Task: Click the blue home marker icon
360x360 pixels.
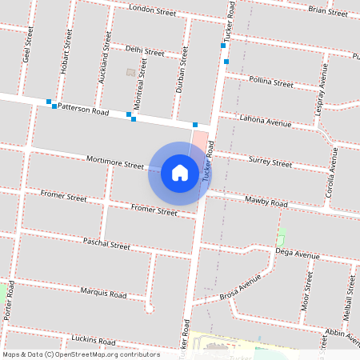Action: click(180, 173)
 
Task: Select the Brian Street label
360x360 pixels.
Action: click(326, 10)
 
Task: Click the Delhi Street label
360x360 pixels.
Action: click(145, 50)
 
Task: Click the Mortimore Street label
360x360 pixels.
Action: click(115, 163)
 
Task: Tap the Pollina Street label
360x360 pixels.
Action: click(271, 82)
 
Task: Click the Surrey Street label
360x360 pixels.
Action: click(271, 162)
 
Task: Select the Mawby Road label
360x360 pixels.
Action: click(266, 202)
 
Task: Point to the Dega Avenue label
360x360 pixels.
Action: click(297, 254)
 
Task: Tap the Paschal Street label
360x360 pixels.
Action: click(106, 242)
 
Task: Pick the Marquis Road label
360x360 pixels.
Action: click(104, 294)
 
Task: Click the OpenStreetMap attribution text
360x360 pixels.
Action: click(81, 354)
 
